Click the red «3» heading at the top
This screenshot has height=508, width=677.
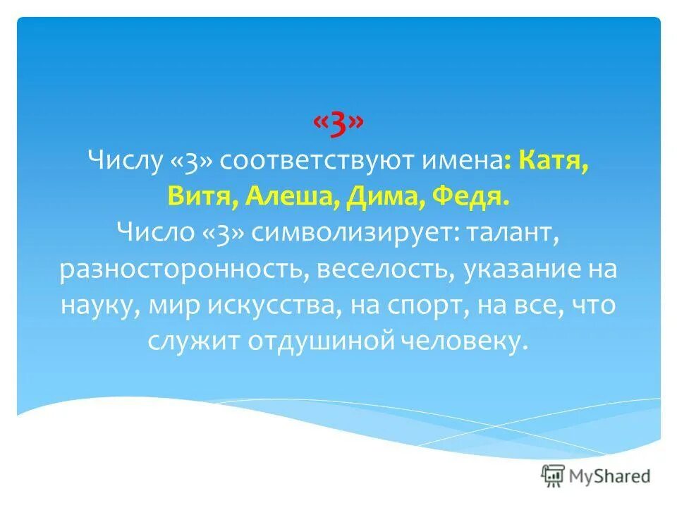click(x=338, y=125)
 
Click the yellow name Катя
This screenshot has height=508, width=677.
click(x=553, y=162)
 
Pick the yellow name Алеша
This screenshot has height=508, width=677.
click(x=284, y=197)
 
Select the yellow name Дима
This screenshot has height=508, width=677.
click(x=374, y=197)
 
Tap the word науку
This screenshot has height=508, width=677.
click(x=92, y=306)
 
